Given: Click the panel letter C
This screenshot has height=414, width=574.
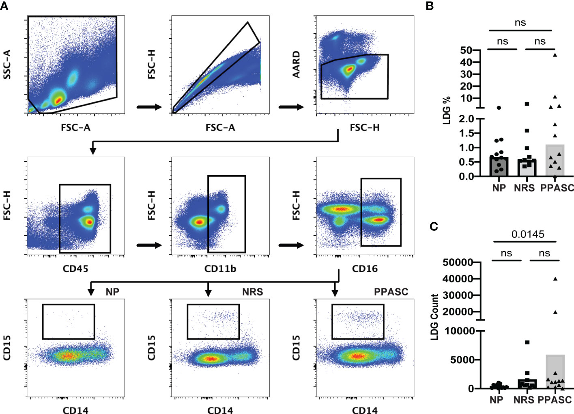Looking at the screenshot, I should [434, 226].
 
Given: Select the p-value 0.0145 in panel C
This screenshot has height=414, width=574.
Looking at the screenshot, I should [528, 234].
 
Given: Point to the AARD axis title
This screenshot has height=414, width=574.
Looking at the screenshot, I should [297, 64].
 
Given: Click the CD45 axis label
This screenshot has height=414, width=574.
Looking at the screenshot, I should [75, 269].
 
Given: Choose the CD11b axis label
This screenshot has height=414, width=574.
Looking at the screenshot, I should [220, 269].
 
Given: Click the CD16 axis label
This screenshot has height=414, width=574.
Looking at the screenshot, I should [365, 269].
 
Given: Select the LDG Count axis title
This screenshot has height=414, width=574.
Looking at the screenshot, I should [435, 317].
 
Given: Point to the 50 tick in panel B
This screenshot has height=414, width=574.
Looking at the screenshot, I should [466, 50].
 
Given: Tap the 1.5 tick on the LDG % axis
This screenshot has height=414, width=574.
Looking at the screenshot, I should [467, 133].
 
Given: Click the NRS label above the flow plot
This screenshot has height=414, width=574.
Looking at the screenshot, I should [252, 292].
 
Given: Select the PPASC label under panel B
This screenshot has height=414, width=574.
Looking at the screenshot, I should [557, 188].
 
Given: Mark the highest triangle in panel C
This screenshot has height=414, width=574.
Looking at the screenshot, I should [555, 279].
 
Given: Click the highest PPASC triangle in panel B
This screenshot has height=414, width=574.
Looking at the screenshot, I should [555, 54].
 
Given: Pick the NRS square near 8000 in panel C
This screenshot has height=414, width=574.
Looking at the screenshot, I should [527, 342].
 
